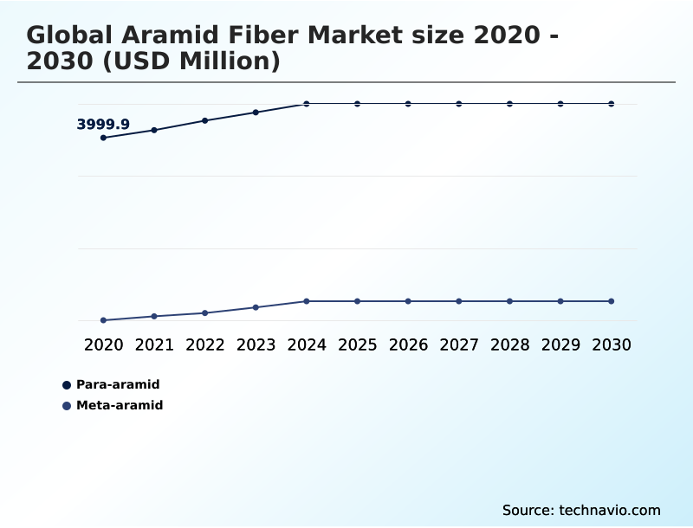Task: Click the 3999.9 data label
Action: pyautogui.click(x=103, y=125)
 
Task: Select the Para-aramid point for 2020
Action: pyautogui.click(x=104, y=138)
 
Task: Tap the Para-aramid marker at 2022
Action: pyautogui.click(x=205, y=120)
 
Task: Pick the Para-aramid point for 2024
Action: pyautogui.click(x=307, y=104)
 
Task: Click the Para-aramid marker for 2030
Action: pyautogui.click(x=612, y=104)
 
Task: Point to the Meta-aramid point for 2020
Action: pyautogui.click(x=104, y=320)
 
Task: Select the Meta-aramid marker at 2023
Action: pyautogui.click(x=256, y=307)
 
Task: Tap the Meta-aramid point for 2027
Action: pyautogui.click(x=459, y=301)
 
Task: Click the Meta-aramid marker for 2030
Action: pyautogui.click(x=612, y=301)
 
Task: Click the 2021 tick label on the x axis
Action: pyautogui.click(x=154, y=345)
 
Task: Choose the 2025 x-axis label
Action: pyautogui.click(x=358, y=345)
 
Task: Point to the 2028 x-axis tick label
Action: pyautogui.click(x=509, y=345)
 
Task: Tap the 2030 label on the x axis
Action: pyautogui.click(x=612, y=345)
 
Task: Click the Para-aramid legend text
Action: pyautogui.click(x=118, y=384)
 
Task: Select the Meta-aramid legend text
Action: pyautogui.click(x=120, y=405)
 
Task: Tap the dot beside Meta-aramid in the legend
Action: pyautogui.click(x=67, y=406)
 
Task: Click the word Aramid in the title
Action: pyautogui.click(x=163, y=35)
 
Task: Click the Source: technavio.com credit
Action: pyautogui.click(x=581, y=510)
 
